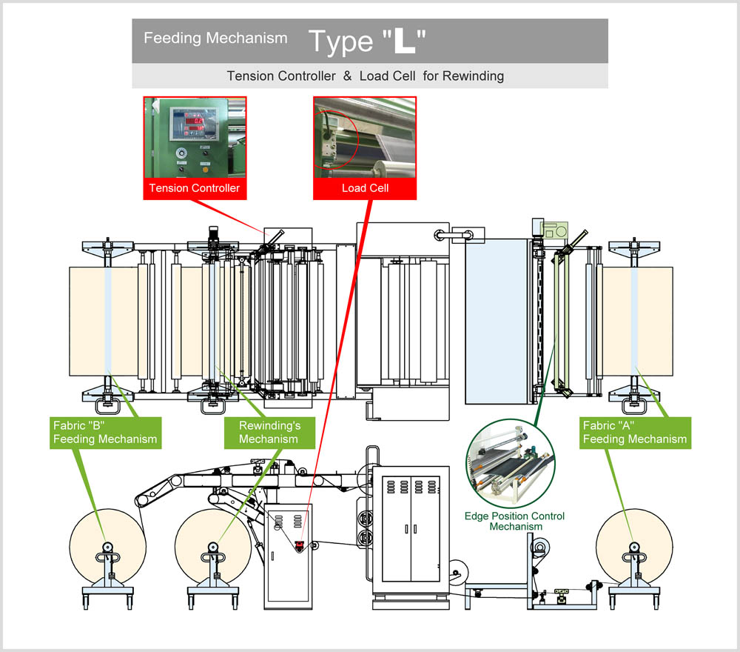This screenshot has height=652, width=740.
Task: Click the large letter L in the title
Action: click(x=405, y=41)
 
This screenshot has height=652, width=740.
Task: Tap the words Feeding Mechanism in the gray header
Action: click(x=215, y=38)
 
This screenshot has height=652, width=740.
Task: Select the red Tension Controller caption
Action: click(x=195, y=188)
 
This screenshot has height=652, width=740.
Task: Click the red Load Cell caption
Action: click(x=365, y=188)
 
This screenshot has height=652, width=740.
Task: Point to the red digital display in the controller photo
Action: click(x=195, y=124)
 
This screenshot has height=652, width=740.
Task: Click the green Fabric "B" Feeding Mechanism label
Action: click(x=105, y=432)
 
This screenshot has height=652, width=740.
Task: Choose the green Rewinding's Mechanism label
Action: click(x=269, y=432)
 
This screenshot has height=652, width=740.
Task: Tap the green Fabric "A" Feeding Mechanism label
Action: click(x=635, y=432)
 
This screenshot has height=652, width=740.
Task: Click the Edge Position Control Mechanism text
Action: click(x=515, y=521)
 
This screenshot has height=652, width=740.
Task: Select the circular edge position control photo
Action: click(x=511, y=464)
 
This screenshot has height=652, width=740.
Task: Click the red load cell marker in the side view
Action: click(x=299, y=546)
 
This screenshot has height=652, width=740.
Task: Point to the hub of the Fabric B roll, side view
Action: click(x=107, y=548)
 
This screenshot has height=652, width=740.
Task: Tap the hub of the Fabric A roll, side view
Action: click(x=634, y=548)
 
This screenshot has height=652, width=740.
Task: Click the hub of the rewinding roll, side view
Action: click(x=213, y=548)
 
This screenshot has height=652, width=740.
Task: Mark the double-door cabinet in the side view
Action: click(x=411, y=528)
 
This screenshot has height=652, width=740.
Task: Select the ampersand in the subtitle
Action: click(x=347, y=76)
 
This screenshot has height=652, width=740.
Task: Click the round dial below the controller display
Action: click(x=182, y=153)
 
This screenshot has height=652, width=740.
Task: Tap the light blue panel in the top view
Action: click(x=497, y=322)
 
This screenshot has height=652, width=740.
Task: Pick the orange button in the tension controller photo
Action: click(x=205, y=169)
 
